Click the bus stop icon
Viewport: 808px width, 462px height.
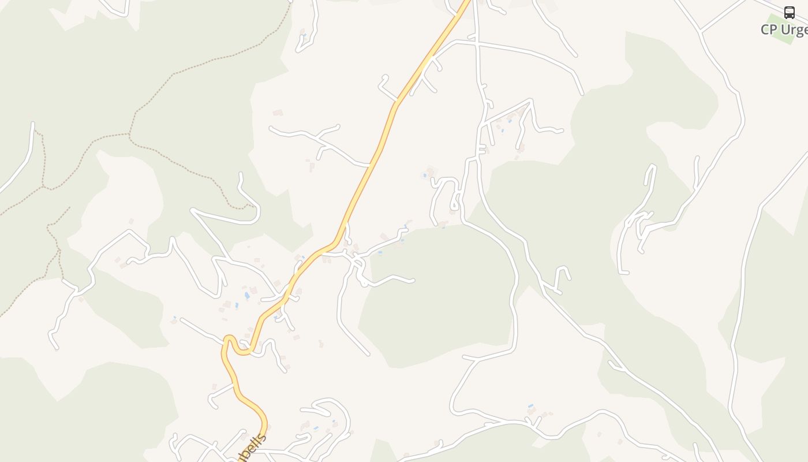coord(789,13)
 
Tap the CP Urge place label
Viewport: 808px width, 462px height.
coord(784,30)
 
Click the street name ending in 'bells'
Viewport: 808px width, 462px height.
coord(252,449)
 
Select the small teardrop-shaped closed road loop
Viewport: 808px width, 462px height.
coord(455,204)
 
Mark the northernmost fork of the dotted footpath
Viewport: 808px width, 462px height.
coord(129,135)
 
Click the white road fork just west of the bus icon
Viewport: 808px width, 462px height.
coord(701,30)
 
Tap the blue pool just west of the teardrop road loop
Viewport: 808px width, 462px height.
coord(425,174)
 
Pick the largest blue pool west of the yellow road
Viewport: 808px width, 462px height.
coord(247,295)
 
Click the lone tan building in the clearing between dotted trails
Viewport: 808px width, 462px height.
coord(131,221)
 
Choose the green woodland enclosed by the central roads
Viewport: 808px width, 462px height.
coord(439,295)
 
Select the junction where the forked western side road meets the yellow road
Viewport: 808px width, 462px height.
coord(370,166)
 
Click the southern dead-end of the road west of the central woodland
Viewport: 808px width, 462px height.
coord(368,354)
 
